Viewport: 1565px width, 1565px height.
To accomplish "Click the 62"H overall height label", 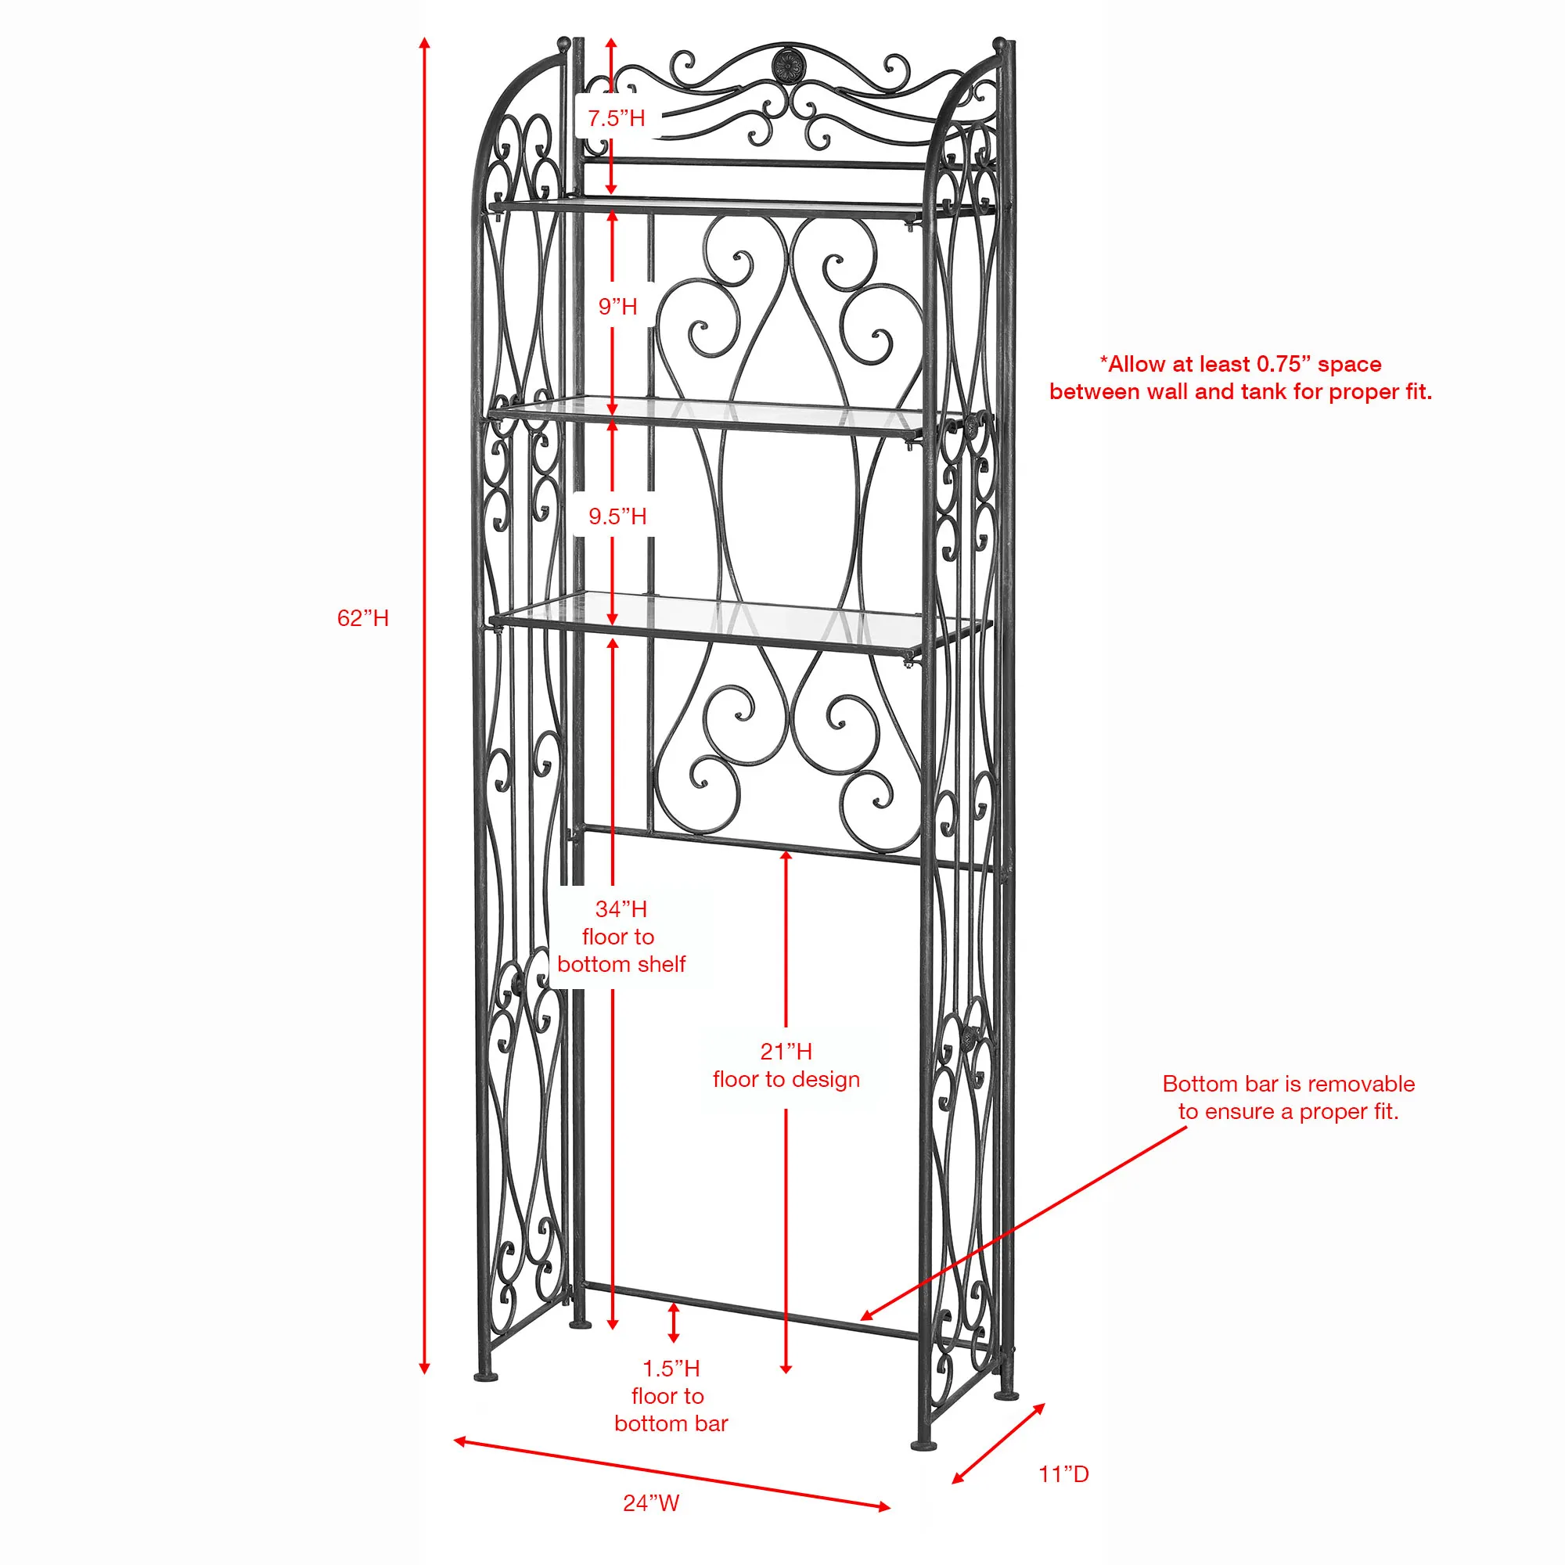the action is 363,618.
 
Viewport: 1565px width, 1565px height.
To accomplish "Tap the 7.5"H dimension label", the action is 617,118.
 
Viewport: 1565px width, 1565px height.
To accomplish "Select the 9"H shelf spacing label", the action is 618,306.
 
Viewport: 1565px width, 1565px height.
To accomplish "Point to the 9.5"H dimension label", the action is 617,516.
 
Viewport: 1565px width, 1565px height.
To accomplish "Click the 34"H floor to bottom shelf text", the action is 621,937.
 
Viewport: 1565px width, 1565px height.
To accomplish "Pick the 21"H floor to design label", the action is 786,1065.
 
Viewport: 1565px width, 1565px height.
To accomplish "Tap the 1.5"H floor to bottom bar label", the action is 671,1396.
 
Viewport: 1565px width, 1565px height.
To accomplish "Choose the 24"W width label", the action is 650,1502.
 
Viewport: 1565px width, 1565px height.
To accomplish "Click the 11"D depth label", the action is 1063,1473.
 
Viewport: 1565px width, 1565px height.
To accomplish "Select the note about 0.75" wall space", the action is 1240,377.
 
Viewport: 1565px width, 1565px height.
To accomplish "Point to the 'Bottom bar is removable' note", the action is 1288,1098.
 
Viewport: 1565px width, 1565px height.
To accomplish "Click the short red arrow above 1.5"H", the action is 673,1322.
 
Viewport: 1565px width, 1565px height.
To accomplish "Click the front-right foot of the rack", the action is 924,1444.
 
